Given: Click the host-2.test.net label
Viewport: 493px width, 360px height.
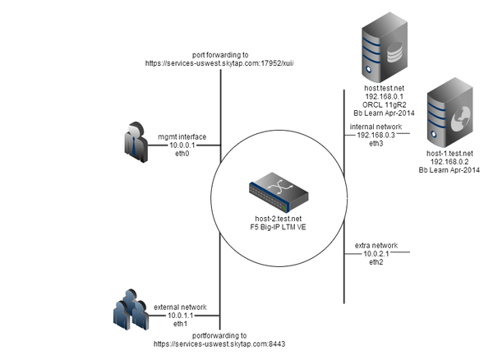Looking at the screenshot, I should (x=281, y=216).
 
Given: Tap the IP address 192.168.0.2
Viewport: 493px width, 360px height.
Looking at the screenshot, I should (x=449, y=161).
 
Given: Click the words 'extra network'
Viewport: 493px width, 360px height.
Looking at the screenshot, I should (x=376, y=245).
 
